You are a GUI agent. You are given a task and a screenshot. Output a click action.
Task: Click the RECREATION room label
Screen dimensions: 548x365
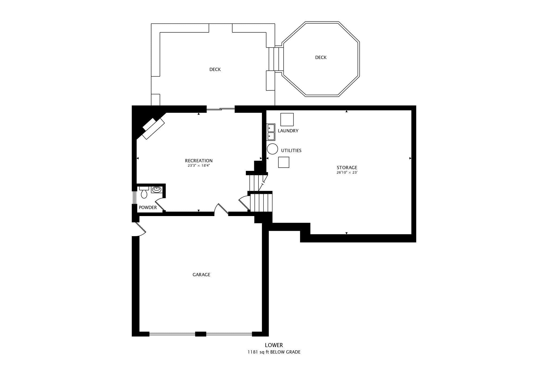tap(199, 161)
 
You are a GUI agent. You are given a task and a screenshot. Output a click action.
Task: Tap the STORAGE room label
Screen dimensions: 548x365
tap(347, 168)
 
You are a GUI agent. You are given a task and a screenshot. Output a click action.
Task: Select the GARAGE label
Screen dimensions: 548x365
tap(201, 275)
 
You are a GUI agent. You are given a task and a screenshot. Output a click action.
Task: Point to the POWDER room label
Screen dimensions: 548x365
tap(148, 208)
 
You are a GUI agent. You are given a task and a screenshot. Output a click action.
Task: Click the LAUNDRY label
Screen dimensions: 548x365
tap(288, 131)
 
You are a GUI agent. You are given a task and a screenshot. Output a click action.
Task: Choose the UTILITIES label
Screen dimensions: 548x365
tap(291, 151)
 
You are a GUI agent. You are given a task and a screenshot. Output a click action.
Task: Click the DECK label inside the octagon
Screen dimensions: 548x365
tap(321, 57)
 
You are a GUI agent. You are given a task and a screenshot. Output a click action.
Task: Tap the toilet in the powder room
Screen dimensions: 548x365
tap(144, 192)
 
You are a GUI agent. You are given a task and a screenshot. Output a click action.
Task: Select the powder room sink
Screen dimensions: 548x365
tap(157, 190)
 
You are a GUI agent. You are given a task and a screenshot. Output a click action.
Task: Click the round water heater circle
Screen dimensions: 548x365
tap(272, 149)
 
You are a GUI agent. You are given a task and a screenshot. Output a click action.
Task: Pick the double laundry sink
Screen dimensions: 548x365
tap(271, 132)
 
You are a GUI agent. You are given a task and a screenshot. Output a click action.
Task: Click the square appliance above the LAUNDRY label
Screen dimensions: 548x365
tap(287, 120)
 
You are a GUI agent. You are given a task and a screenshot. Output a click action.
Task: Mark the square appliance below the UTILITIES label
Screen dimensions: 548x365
tap(284, 162)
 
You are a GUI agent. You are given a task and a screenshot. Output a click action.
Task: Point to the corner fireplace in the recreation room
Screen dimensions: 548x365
tap(153, 128)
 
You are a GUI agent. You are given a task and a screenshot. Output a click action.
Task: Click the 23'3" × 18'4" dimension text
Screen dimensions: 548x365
tap(199, 166)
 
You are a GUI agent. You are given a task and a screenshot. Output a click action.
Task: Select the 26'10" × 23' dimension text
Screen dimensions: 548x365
tap(347, 172)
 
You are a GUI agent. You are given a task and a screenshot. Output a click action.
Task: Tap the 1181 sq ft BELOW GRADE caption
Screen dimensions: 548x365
tap(274, 352)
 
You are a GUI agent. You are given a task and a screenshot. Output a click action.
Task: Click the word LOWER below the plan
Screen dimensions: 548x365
tap(274, 345)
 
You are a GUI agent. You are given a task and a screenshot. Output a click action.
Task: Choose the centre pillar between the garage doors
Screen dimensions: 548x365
tap(201, 334)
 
